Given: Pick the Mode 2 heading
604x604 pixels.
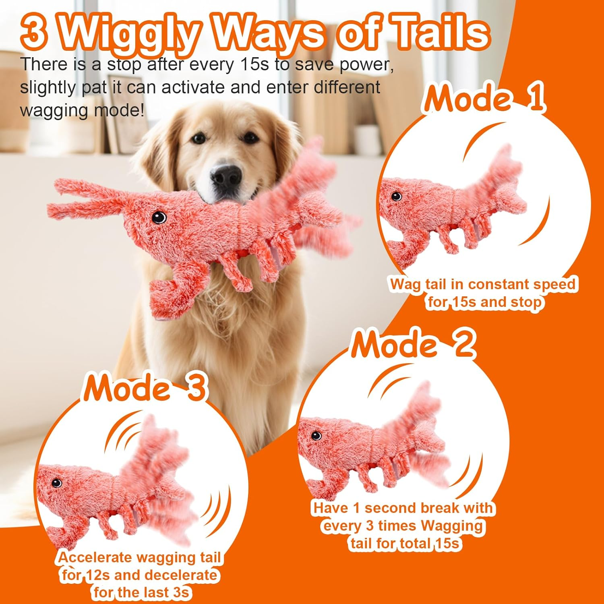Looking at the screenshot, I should click(x=413, y=344).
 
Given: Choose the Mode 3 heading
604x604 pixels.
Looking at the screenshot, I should click(x=145, y=388).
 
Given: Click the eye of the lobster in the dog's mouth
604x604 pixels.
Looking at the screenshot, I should click(x=159, y=217).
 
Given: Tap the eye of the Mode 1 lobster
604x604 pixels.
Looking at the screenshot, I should click(x=396, y=196).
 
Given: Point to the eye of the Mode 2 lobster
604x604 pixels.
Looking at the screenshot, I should click(x=316, y=435).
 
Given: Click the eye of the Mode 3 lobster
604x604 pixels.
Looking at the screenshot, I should click(x=56, y=482).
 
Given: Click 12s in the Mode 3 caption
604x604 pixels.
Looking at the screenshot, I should click(x=98, y=575).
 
